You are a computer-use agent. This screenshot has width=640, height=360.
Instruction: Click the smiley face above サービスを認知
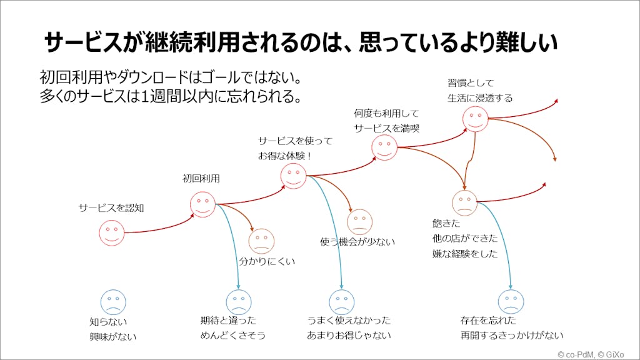(x=112, y=232)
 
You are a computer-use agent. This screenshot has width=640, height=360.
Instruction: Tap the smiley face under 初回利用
(x=202, y=204)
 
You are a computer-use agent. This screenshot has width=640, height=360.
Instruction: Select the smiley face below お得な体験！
(x=293, y=176)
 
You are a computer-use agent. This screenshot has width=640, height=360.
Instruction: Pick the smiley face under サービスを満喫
(x=384, y=147)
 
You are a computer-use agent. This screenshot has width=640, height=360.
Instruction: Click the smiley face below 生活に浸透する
(x=476, y=119)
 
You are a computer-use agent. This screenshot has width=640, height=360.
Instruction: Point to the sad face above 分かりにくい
(x=261, y=241)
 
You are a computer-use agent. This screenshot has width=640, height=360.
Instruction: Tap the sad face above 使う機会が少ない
(x=359, y=222)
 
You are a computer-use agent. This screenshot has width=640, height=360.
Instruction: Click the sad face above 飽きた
(x=464, y=202)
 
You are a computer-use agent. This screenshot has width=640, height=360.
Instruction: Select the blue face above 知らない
(x=113, y=302)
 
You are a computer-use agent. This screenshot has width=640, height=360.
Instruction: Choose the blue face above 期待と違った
(x=238, y=302)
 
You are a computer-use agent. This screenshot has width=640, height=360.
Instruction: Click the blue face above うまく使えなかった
(x=341, y=302)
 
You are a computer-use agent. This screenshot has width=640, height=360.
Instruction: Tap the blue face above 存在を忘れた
(x=511, y=302)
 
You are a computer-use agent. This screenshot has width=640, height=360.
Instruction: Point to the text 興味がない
(x=112, y=337)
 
